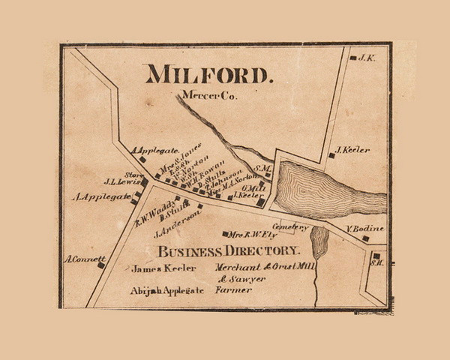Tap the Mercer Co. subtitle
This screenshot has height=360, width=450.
tap(205, 95)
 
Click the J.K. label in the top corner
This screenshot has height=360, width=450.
tap(366, 58)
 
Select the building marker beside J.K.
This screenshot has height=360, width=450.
tap(352, 58)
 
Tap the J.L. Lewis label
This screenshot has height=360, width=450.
tap(121, 181)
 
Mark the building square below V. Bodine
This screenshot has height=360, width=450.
tap(365, 238)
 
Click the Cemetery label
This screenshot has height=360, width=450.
tap(290, 226)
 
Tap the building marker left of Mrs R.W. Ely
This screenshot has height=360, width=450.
tap(225, 234)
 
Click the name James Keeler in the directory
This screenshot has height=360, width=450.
tap(163, 268)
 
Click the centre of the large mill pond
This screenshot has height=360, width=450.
tap(315, 187)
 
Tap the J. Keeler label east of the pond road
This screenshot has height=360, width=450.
tap(354, 150)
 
